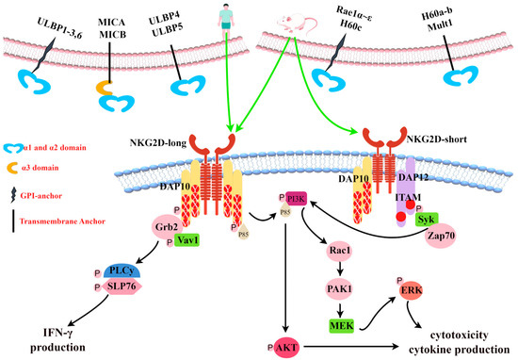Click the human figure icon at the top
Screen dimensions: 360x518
pos(221,16)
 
